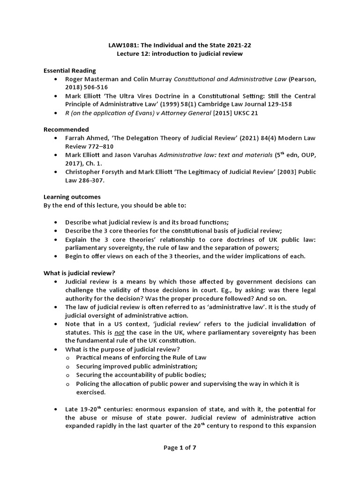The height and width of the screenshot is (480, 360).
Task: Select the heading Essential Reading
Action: [70, 71]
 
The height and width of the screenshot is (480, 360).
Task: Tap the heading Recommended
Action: [66, 129]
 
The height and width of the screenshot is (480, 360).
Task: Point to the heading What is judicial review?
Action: [80, 273]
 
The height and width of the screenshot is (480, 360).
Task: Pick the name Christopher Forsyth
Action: [94, 172]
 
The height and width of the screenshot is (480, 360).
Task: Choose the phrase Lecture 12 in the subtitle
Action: [134, 54]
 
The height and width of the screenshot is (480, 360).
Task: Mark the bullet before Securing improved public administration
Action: [69, 366]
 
